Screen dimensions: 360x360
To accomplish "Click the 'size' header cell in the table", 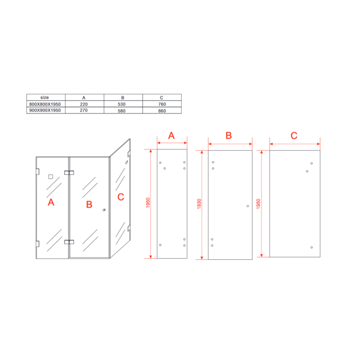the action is click(44, 97).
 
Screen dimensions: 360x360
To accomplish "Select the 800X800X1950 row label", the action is click(45, 104).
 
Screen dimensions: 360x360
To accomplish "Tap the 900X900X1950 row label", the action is click(45, 110).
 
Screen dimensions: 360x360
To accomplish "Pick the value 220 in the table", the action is click(84, 104).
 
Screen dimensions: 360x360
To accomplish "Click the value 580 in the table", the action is click(121, 111).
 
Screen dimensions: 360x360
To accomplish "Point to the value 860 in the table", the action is click(162, 111).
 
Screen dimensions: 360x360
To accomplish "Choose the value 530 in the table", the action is click(121, 104).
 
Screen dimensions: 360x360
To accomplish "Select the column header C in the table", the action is click(161, 97).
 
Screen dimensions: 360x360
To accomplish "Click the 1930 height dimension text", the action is click(199, 204).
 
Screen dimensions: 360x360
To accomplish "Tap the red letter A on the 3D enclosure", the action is click(51, 202).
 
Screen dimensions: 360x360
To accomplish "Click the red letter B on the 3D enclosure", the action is click(89, 204).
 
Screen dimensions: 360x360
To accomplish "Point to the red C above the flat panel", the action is click(294, 136).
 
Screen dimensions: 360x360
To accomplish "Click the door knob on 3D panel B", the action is click(104, 210).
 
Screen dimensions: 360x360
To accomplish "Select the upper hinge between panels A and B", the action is click(69, 173).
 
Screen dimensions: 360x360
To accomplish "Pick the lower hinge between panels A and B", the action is click(69, 242).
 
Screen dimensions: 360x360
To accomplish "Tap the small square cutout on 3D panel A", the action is click(50, 177).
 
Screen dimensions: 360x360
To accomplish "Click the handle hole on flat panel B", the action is click(248, 206).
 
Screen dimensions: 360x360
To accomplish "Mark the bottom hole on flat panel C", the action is click(312, 247).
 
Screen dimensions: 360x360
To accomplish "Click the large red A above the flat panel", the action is click(171, 136).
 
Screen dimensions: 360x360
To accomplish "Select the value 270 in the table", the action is click(84, 110).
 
